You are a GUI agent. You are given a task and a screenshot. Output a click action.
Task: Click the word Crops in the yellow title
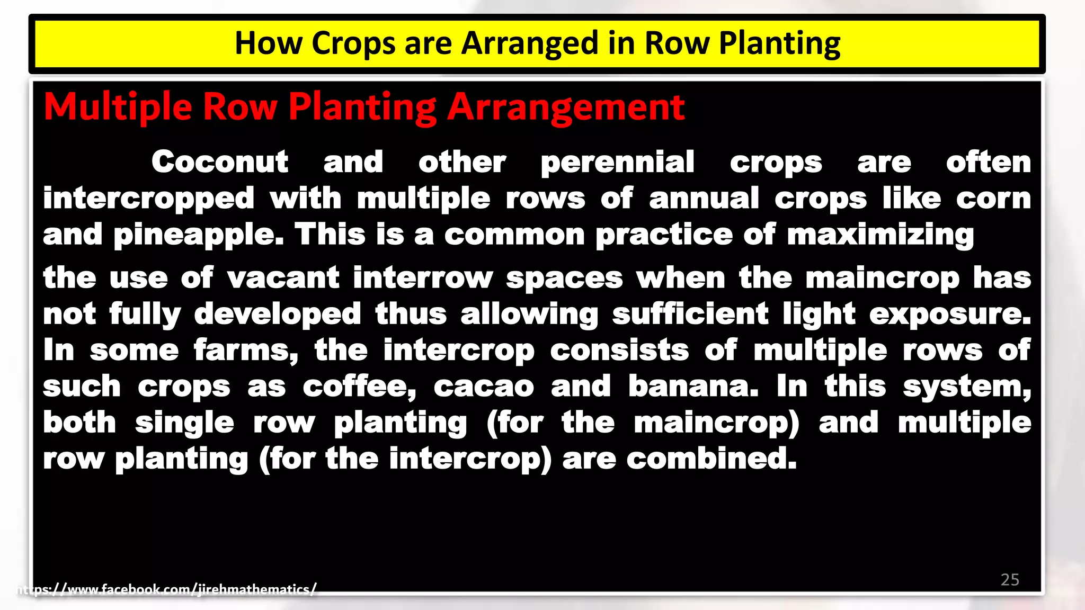point(353,43)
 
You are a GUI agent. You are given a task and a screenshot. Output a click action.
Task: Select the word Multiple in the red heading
point(118,107)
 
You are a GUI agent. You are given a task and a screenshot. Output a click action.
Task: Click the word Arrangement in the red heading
point(566,107)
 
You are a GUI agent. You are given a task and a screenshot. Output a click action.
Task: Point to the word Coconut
point(220,162)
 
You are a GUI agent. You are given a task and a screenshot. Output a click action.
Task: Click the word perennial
point(617,163)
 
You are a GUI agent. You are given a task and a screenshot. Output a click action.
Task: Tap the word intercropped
point(149,199)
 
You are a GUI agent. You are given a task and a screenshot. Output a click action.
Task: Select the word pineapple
point(199,235)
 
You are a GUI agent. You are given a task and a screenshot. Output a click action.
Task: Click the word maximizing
point(880,235)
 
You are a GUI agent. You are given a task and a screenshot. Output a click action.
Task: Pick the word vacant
point(283,278)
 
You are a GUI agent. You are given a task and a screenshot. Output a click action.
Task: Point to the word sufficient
point(690,314)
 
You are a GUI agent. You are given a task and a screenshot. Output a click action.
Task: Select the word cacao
point(484,387)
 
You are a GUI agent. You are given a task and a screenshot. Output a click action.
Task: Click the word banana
point(693,387)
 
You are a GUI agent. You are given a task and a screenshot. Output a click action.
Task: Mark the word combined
point(711,459)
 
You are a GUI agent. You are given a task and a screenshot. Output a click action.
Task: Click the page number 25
point(1010,579)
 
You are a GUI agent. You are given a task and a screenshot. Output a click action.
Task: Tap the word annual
point(704,199)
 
